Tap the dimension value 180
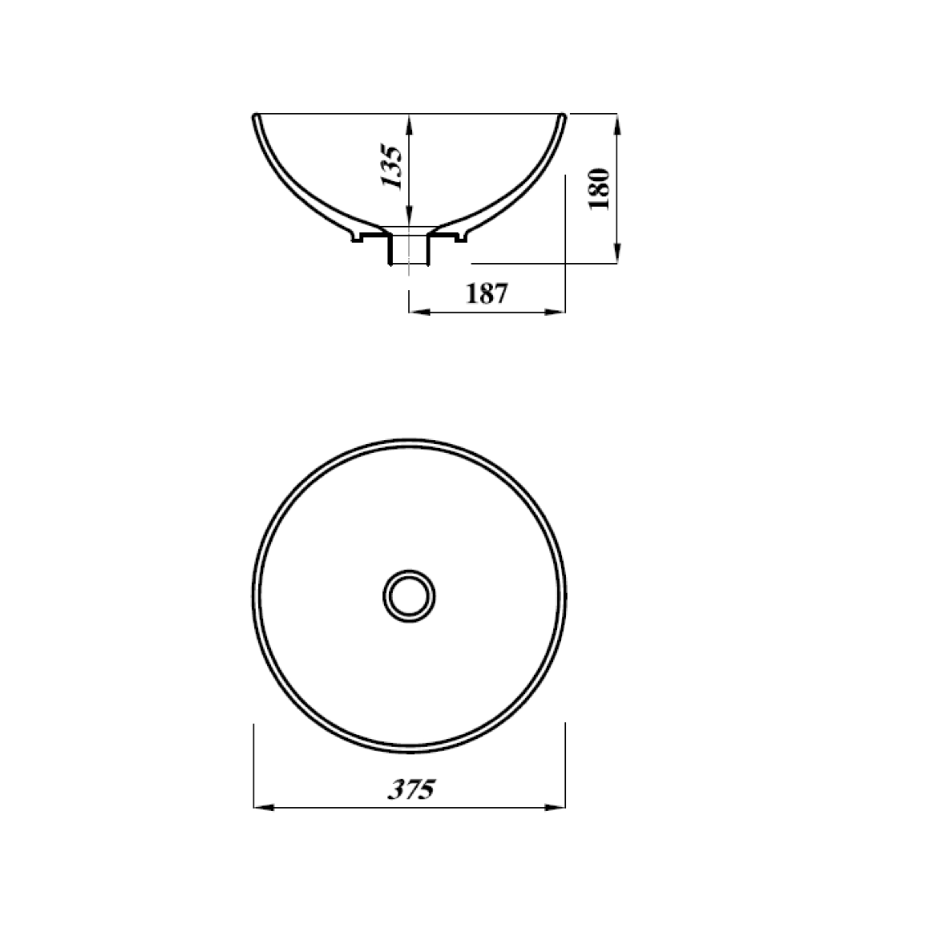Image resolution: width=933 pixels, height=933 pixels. pos(599,189)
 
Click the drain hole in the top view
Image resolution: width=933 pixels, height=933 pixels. pos(409,596)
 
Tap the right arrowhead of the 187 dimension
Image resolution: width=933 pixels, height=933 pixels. pos(555,312)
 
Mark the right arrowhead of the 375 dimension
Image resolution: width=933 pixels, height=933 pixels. pos(555,807)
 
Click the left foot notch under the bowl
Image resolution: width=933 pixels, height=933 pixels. pos(356,238)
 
